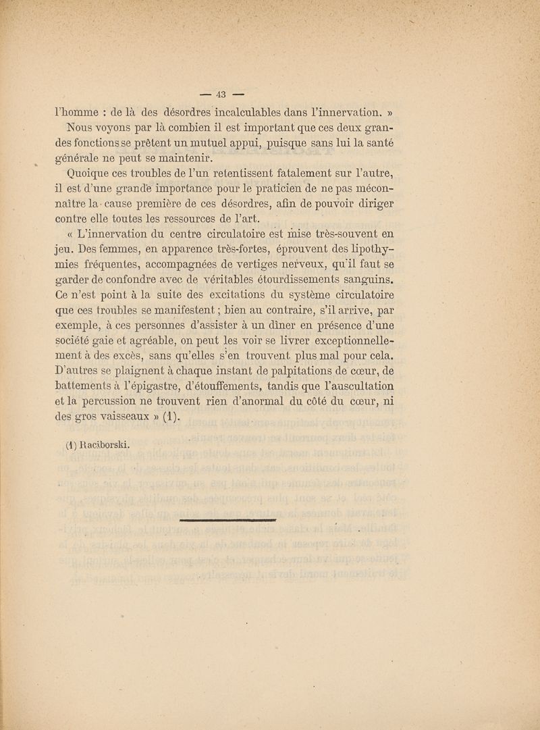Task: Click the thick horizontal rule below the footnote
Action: (x=230, y=521)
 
